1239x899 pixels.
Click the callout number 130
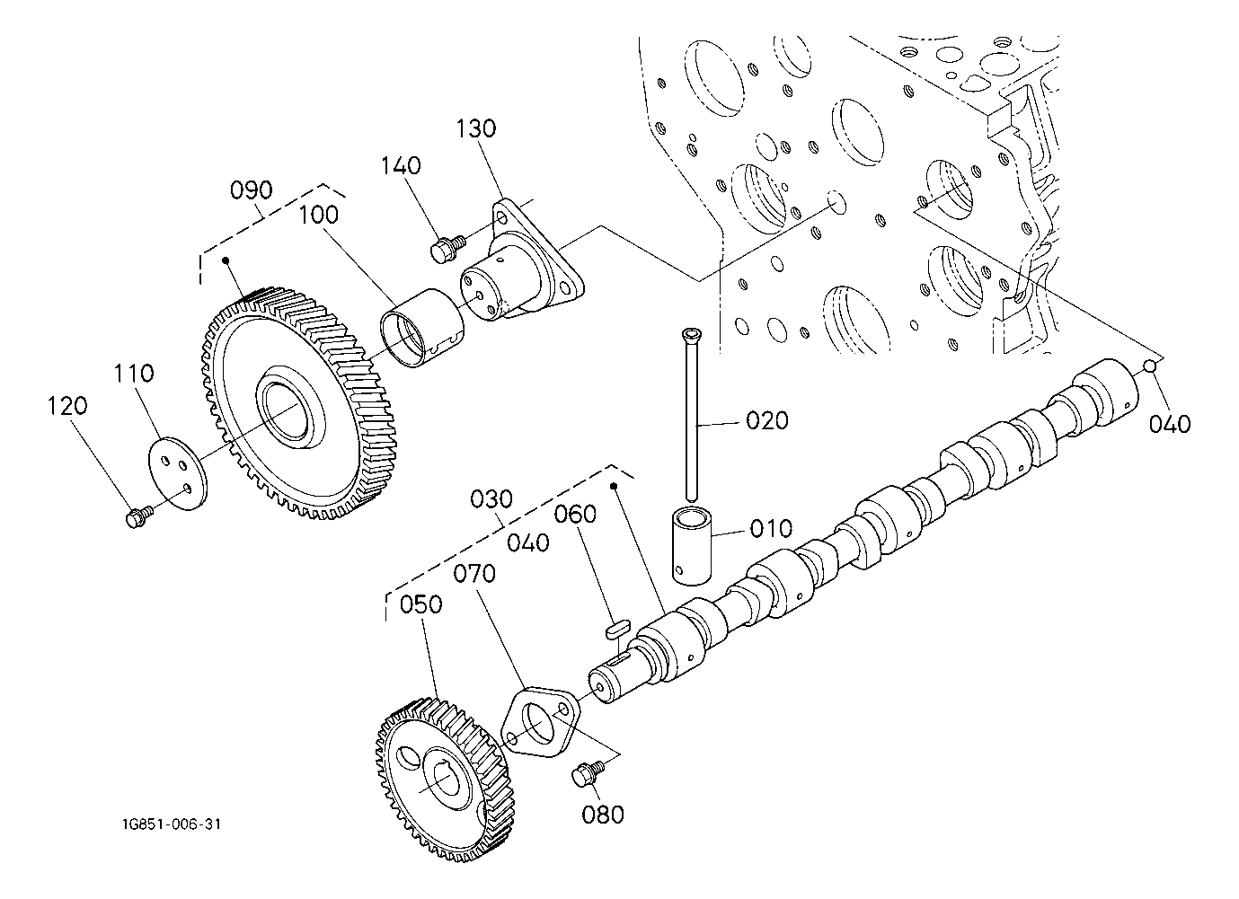click(476, 128)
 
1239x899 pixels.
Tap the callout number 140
click(400, 166)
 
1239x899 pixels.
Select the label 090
click(251, 190)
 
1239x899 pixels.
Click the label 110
click(134, 374)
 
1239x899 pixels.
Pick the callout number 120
click(68, 406)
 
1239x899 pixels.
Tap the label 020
click(767, 420)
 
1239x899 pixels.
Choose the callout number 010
click(772, 528)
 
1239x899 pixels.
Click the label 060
click(575, 514)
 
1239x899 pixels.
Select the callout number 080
click(603, 815)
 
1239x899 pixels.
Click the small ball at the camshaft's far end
click(1149, 365)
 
